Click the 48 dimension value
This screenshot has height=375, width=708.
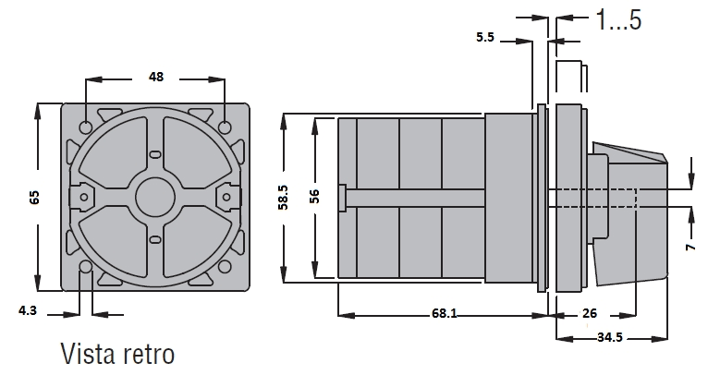click(156, 78)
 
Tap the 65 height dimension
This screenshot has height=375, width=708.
click(35, 198)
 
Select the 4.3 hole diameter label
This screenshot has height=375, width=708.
click(28, 311)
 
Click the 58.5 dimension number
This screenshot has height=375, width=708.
click(284, 198)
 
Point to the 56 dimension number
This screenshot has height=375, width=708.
click(314, 197)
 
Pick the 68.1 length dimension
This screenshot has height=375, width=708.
click(445, 313)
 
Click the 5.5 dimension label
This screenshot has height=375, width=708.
click(485, 37)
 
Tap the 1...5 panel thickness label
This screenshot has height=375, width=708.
click(618, 19)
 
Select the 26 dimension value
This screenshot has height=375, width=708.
click(590, 313)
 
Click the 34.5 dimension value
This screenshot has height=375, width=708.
click(610, 337)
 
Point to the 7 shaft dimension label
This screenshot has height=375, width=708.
click(690, 247)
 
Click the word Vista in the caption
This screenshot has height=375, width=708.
click(87, 354)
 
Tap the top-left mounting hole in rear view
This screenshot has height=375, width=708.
click(86, 127)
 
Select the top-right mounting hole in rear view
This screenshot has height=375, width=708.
click(225, 127)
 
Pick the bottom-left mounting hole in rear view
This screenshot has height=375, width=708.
click(86, 267)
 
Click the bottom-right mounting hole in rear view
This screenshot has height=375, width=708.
click(225, 267)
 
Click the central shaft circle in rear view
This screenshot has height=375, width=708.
click(155, 198)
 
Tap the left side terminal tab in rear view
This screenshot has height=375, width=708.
click(82, 198)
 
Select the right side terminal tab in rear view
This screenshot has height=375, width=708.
click(227, 198)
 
